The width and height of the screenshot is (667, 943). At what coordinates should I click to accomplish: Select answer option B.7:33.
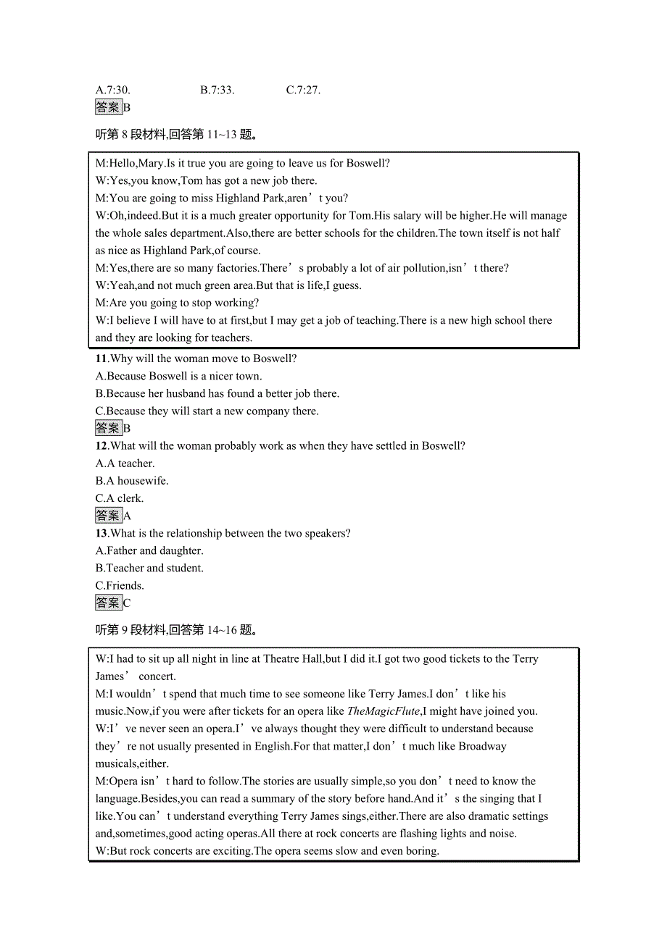[x=217, y=91]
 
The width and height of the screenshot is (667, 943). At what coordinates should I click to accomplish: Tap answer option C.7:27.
[x=303, y=91]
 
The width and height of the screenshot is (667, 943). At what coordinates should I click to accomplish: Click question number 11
[x=101, y=359]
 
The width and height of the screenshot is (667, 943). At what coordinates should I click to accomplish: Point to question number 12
[x=101, y=446]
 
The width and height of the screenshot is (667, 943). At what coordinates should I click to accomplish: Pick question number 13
[x=101, y=534]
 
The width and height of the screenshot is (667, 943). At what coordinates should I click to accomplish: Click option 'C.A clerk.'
[x=120, y=498]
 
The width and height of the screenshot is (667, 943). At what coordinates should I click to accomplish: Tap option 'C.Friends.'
[x=120, y=586]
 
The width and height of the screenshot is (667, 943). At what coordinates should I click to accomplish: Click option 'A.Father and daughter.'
[x=149, y=551]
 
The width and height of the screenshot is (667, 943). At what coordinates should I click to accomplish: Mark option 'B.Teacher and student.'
[x=149, y=569]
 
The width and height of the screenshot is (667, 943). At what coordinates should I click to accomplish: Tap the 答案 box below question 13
[x=108, y=603]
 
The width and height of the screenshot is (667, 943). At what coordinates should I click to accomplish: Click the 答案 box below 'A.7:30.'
[x=108, y=107]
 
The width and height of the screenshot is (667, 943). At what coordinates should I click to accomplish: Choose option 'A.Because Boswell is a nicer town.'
[x=178, y=376]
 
